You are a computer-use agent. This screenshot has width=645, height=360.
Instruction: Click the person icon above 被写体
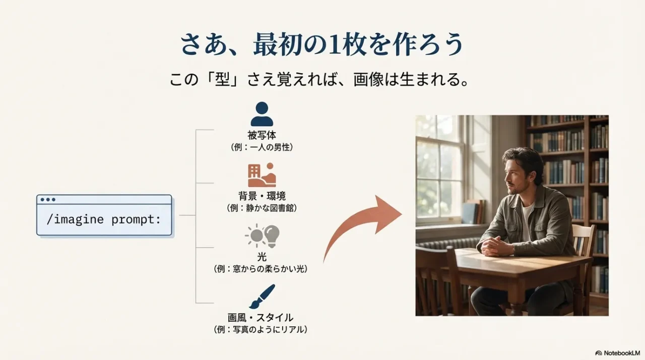(262, 114)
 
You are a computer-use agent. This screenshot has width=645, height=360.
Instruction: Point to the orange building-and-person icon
(262, 175)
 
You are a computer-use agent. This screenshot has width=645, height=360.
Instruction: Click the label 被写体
(262, 135)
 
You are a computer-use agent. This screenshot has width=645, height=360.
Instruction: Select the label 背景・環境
(262, 196)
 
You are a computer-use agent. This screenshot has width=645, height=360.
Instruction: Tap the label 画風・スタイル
(261, 318)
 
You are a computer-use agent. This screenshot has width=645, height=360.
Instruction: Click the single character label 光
(262, 257)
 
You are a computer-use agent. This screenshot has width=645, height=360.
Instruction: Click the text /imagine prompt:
(103, 220)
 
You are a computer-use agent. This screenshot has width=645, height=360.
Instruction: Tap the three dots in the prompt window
(48, 200)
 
